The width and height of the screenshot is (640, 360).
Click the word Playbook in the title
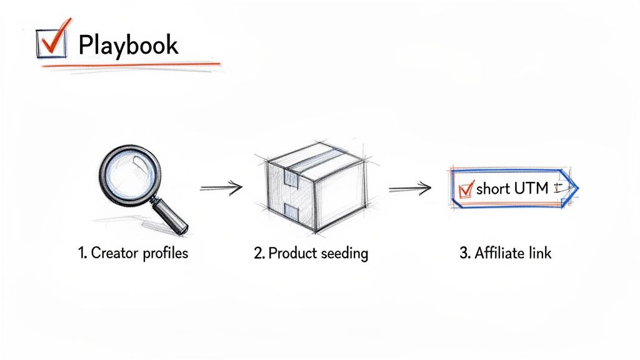[128, 45]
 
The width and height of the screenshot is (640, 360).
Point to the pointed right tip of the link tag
[577, 187]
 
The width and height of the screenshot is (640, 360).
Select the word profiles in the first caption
[165, 254]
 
